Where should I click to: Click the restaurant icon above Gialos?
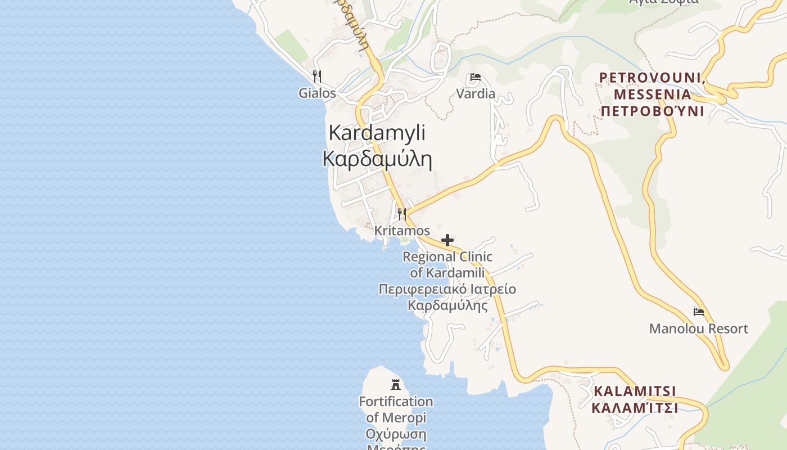coord(317,76)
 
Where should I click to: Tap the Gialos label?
coord(317,93)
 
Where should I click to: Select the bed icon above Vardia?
coord(476,77)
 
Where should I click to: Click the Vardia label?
coord(476,93)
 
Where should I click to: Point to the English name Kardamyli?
coord(377,133)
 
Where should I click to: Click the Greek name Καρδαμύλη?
coord(377,159)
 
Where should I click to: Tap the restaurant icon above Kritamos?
coord(402,214)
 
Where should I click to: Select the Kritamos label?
coord(402,231)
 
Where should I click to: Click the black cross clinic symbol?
coord(447,241)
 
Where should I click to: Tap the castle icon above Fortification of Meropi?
coord(396,385)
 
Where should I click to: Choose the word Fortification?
coord(396,402)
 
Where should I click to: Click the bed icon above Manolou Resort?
coord(699,312)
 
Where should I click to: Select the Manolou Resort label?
coord(699,328)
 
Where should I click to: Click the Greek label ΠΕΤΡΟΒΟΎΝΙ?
coord(652,110)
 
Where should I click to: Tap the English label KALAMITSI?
coord(635,391)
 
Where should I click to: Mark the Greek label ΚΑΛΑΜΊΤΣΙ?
coord(635,407)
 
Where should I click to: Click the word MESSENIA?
coord(652,94)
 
